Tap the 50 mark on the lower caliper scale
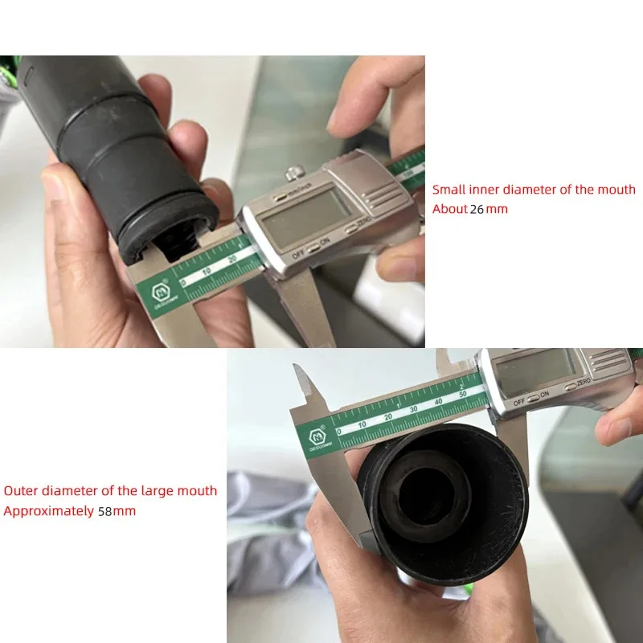coord(462,395)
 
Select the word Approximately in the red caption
coord(48,510)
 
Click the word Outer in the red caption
coord(21,490)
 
